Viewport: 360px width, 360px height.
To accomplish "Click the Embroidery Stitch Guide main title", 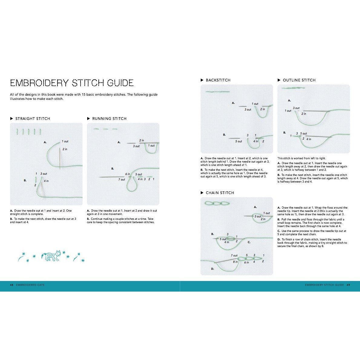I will (72, 83).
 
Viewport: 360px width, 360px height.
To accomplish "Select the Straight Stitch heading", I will (33, 119).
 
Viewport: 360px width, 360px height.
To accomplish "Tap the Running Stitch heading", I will (109, 119).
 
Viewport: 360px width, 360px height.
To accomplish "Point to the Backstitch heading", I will (218, 80).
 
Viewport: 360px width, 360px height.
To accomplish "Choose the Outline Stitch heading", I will (299, 80).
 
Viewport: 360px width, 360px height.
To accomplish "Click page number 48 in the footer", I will (12, 285).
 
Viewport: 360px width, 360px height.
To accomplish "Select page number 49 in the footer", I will (348, 285).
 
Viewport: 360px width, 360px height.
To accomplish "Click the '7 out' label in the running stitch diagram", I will (121, 180).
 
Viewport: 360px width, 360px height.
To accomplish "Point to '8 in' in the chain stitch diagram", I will (235, 262).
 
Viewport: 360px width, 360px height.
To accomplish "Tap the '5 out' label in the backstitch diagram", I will (239, 141).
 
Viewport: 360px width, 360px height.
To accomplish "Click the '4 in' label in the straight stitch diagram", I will (46, 181).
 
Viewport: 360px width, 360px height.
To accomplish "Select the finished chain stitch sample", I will (217, 203).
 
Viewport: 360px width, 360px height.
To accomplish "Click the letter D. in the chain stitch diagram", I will (212, 269).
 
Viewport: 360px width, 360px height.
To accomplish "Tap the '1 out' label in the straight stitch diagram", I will (65, 141).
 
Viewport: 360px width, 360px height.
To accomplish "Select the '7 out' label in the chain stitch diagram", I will (234, 256).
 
